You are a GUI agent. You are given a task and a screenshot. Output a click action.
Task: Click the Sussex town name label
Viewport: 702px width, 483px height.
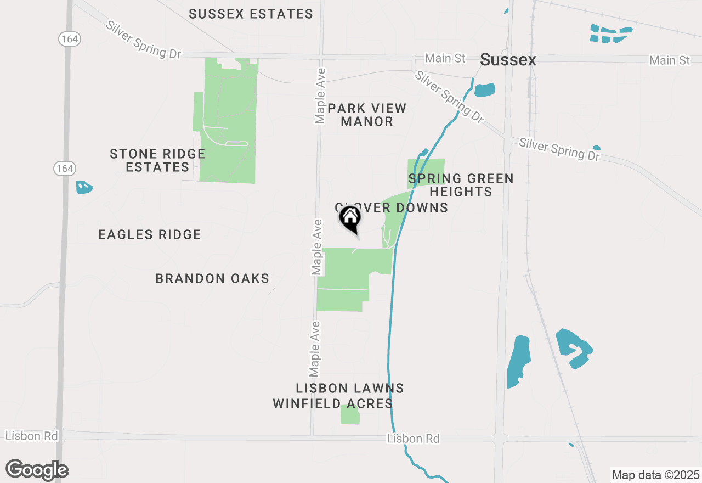pos(508,60)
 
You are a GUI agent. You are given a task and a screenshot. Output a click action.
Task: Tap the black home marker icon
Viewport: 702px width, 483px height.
pos(350,218)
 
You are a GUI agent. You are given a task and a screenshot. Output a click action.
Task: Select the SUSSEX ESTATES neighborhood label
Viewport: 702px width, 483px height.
pos(251,14)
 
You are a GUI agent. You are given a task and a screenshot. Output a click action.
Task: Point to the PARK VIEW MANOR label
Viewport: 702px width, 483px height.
pos(367,115)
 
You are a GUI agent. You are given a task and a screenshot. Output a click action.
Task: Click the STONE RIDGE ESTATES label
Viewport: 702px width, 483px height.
pos(157,160)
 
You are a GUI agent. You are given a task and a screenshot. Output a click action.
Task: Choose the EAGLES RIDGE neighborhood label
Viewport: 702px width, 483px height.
pos(150,235)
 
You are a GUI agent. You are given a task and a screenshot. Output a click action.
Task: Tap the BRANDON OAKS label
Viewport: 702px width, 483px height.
pos(212,279)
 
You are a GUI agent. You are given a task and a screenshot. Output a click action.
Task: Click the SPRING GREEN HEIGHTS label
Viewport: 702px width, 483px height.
pos(461,185)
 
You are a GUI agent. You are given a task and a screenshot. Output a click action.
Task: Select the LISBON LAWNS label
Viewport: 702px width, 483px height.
pos(350,389)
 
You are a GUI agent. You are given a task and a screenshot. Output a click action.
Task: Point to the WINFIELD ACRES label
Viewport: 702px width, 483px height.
pos(333,404)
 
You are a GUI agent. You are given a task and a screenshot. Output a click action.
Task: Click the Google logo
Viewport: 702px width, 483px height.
pos(37,470)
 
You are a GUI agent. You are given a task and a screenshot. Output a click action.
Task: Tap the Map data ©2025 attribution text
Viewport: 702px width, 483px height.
pos(655,475)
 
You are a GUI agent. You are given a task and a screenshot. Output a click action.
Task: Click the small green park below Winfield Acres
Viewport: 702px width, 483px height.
pos(350,414)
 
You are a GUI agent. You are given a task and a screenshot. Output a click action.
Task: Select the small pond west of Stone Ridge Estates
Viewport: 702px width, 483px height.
pos(84,188)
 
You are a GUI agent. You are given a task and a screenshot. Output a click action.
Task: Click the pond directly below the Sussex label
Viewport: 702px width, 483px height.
pos(484,89)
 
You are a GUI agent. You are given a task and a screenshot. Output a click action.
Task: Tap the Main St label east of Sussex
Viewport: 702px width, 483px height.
pos(670,60)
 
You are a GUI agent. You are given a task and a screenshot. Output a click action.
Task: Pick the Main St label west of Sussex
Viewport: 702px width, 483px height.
pos(445,58)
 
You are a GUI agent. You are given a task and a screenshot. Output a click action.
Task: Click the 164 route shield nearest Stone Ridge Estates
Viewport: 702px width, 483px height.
pos(64,168)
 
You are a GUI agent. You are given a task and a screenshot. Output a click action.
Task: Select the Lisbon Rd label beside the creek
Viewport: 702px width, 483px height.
pos(413,439)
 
